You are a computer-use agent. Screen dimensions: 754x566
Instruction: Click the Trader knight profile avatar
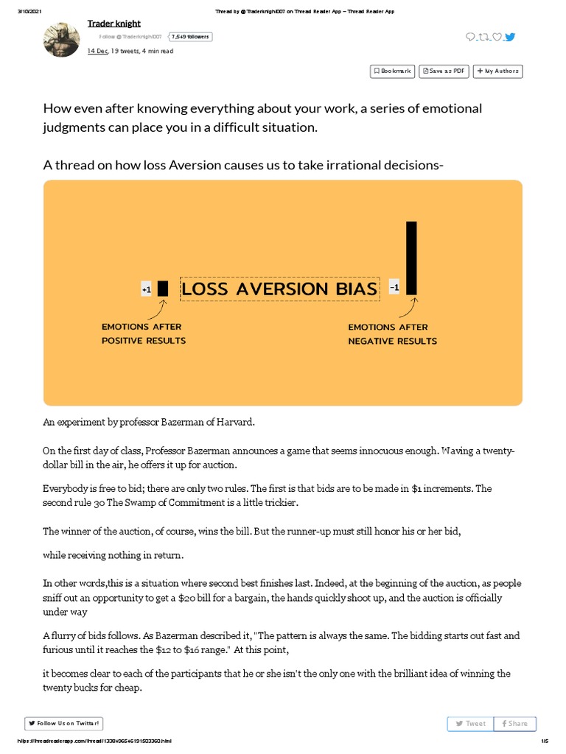coord(63,40)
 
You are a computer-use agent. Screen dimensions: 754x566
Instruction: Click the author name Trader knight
coord(113,24)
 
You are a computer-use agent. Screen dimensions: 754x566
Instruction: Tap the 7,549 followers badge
coord(190,36)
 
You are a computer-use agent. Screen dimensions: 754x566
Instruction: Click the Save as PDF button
coord(444,71)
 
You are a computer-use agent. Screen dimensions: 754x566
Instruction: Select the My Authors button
coord(497,71)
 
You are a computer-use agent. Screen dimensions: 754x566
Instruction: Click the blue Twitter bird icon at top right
coord(510,37)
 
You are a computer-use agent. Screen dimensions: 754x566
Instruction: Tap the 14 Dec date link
coord(97,51)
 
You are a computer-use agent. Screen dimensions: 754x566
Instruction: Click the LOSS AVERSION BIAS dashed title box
coord(279,289)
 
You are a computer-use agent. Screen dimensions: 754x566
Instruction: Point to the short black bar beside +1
coord(163,288)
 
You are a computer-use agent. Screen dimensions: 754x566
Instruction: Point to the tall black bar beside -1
coord(411,258)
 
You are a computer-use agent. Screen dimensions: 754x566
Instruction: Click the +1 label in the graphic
coord(146,290)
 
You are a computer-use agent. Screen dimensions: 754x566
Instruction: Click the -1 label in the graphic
coord(394,288)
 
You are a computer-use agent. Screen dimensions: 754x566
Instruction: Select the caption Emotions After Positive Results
coord(143,334)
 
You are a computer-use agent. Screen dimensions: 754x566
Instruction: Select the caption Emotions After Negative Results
coord(392,334)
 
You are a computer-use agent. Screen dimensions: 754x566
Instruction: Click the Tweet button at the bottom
coord(470,723)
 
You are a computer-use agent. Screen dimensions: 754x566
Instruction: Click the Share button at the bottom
coord(514,723)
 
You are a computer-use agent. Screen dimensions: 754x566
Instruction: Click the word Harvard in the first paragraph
coord(236,422)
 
